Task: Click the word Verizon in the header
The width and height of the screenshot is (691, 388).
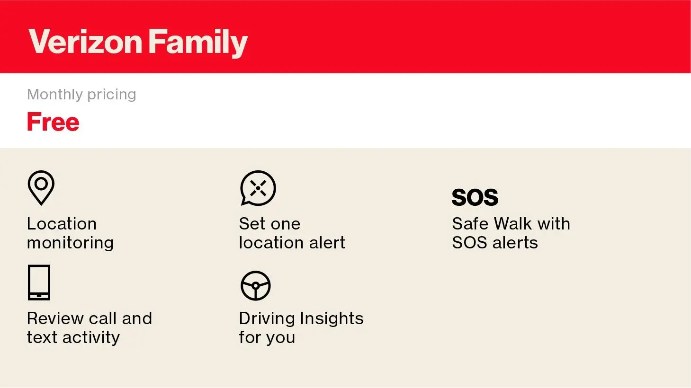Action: (85, 42)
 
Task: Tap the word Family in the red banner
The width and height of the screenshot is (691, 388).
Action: (198, 43)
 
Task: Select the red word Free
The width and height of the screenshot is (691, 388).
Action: (53, 122)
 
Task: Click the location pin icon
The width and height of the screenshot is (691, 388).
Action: (41, 188)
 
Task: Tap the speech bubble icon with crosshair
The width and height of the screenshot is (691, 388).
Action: (258, 188)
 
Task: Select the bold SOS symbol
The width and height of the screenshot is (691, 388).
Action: (475, 197)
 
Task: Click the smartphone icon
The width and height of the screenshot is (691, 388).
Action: (39, 282)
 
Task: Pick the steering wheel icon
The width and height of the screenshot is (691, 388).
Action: (255, 286)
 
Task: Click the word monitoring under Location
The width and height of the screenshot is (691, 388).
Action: (71, 243)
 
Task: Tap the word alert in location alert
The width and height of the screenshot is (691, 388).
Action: (327, 243)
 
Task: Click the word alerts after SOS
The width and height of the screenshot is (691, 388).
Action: (515, 243)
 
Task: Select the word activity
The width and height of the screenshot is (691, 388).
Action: (91, 338)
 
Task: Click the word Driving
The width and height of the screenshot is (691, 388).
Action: (267, 319)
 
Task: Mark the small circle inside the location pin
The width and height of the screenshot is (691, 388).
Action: (41, 184)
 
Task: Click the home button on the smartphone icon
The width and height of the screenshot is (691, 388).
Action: (39, 296)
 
